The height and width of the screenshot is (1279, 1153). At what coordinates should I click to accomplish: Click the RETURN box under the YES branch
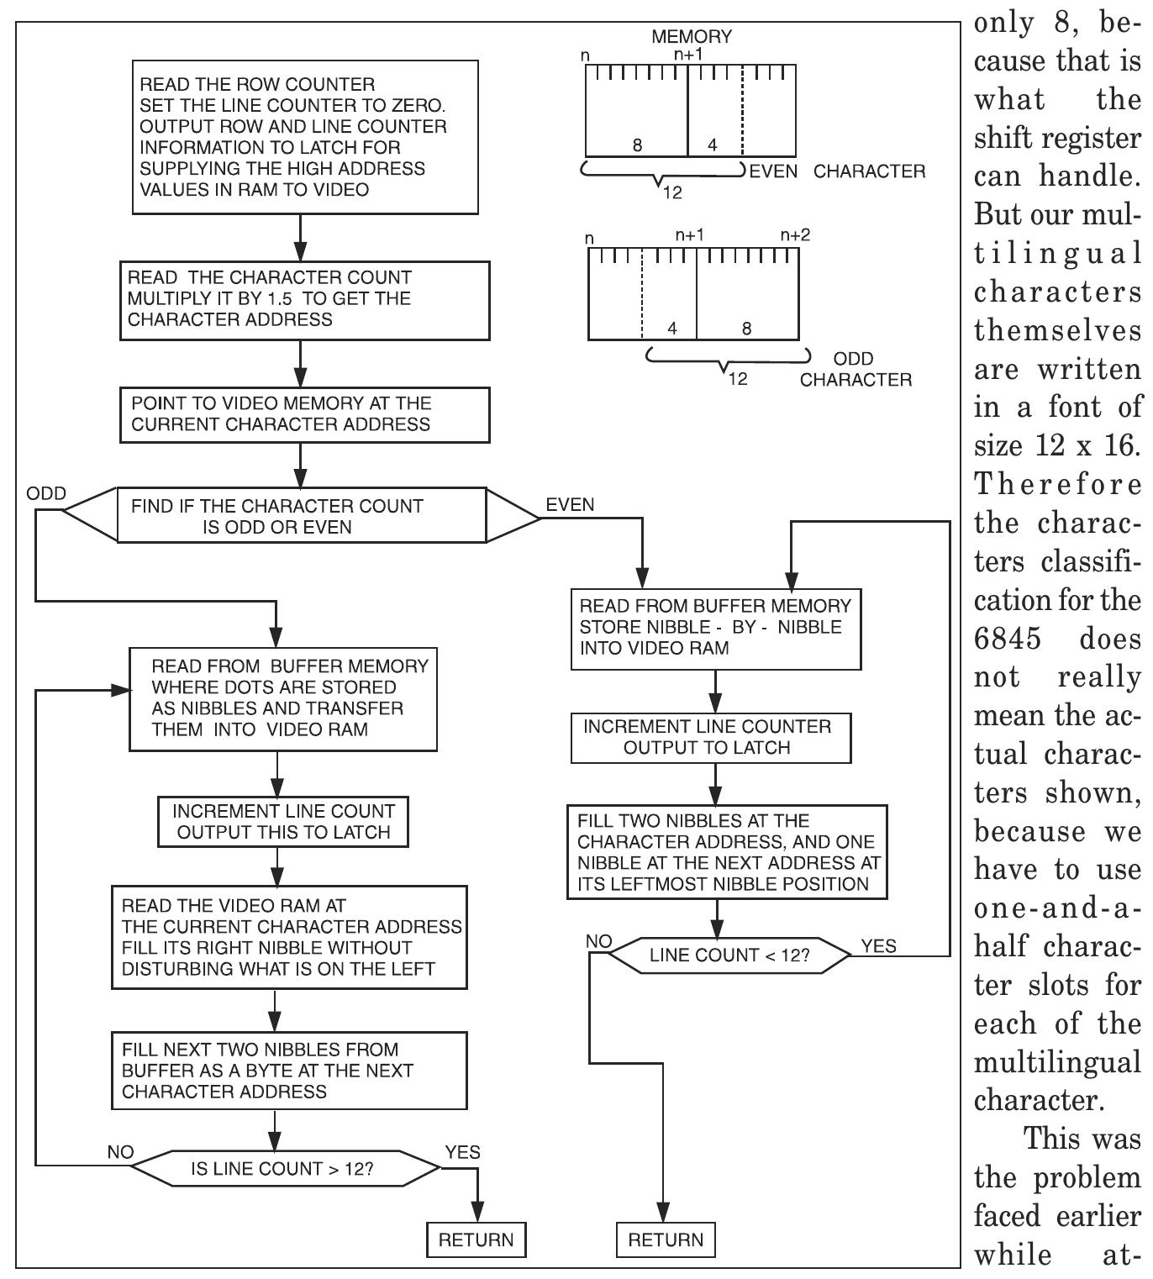[x=476, y=1240]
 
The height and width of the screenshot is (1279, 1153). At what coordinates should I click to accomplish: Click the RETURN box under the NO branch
[x=666, y=1240]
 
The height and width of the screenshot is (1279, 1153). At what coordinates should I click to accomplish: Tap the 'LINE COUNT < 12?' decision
[x=729, y=955]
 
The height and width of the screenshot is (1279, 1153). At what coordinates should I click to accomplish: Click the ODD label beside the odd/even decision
[x=46, y=493]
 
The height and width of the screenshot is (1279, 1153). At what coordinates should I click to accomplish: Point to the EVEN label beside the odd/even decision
[x=570, y=504]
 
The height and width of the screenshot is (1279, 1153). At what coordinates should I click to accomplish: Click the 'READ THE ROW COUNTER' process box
[x=305, y=137]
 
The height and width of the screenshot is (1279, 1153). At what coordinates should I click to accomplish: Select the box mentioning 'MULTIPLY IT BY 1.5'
[x=304, y=299]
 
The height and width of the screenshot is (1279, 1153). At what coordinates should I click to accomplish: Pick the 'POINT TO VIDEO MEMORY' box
[x=304, y=414]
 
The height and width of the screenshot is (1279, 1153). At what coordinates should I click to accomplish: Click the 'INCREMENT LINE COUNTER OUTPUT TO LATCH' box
[x=710, y=738]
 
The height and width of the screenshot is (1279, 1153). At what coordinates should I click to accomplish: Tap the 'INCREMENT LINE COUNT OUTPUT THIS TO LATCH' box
[x=283, y=822]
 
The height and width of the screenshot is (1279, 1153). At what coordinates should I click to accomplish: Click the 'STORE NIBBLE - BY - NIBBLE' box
[x=715, y=628]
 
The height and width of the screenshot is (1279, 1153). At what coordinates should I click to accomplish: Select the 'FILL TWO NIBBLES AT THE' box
[x=726, y=852]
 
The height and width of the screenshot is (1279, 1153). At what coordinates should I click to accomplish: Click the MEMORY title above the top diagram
[x=691, y=37]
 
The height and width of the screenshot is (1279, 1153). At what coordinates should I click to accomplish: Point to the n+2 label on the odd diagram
[x=794, y=235]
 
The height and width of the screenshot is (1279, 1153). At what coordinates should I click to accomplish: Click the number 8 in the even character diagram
[x=637, y=145]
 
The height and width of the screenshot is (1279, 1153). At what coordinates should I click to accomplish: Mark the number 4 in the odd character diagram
[x=671, y=329]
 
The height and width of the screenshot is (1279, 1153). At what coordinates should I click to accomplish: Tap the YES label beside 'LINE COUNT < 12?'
[x=878, y=946]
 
